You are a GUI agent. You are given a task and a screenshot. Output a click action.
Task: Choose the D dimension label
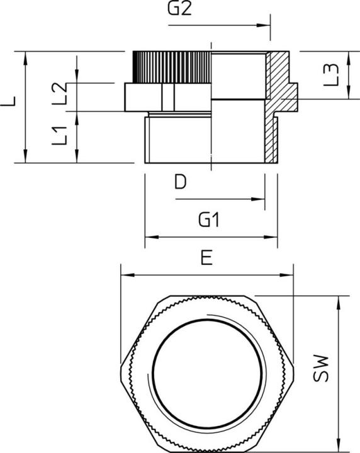pos(180,182)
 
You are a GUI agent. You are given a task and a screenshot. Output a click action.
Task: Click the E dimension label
pos(206,258)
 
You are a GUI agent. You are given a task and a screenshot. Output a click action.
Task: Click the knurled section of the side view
pos(170,66)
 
